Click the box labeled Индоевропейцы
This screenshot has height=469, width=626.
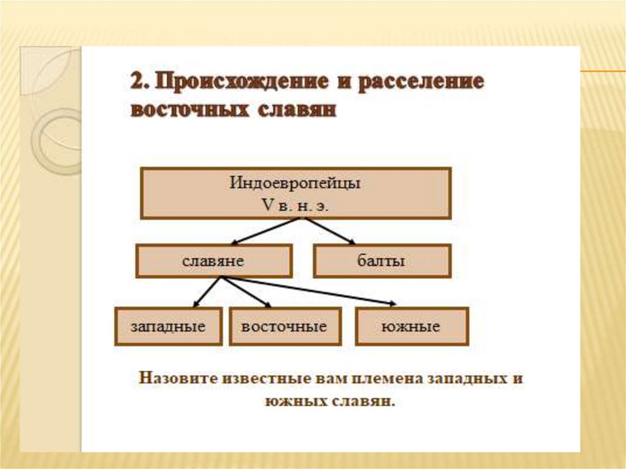point(296,193)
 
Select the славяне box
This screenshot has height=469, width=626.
point(213,261)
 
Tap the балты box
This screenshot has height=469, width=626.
point(381,261)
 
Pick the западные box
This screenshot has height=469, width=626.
point(168,327)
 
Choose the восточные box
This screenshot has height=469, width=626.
point(284,327)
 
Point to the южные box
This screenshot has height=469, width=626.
point(411,327)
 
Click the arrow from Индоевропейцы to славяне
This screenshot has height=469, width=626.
point(256,231)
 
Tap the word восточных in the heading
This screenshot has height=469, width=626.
point(190,111)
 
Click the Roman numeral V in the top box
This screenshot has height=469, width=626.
point(266,206)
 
